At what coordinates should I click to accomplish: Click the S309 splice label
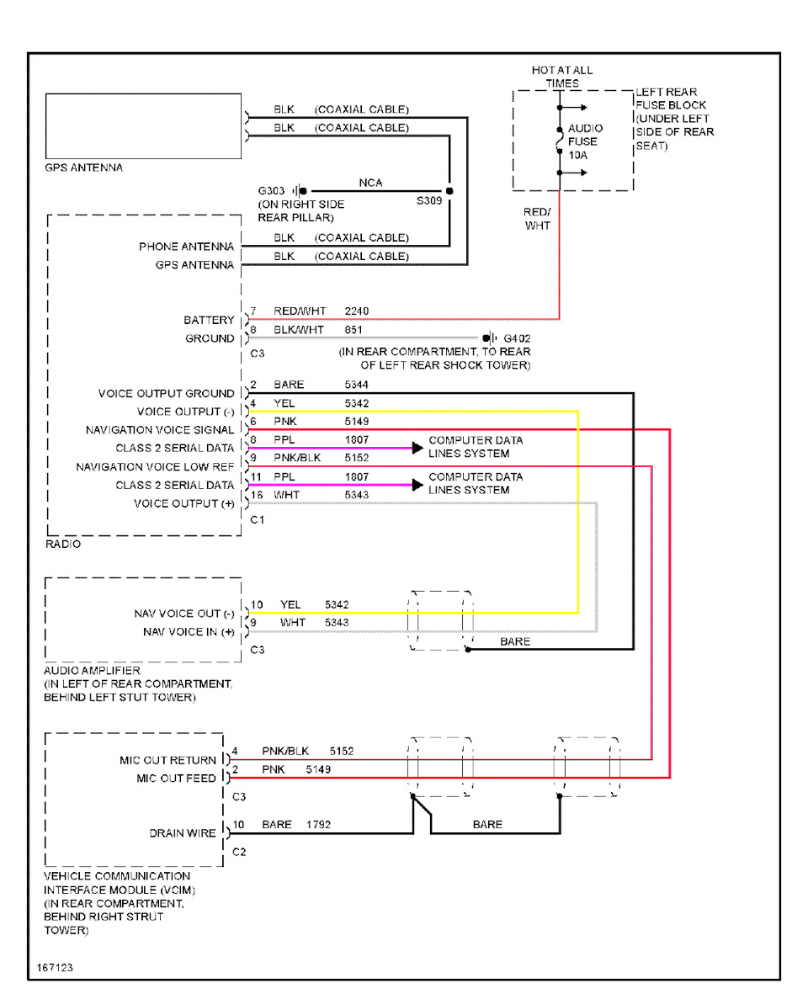pos(428,202)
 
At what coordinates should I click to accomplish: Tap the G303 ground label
pos(272,191)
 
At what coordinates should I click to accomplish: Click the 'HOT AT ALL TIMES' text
pos(561,77)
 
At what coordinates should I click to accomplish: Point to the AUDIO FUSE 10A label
pos(584,142)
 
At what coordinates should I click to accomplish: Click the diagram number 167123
pos(56,968)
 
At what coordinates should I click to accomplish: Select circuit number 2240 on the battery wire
pos(356,311)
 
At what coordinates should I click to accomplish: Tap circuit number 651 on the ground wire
pos(353,330)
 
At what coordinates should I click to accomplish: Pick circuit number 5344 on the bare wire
pos(356,385)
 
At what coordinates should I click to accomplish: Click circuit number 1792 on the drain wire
pos(318,825)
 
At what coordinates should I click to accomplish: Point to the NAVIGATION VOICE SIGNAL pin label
pos(160,430)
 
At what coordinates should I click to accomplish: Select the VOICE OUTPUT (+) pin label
pos(184,503)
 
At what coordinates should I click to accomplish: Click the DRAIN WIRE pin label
pos(183,833)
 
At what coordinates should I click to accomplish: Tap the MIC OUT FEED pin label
pos(176,779)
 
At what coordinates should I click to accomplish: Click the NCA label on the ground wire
pos(370,183)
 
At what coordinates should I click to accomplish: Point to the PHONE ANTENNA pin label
pos(186,247)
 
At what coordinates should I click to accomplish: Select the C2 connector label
pos(239,852)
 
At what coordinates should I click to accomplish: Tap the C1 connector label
pos(258,520)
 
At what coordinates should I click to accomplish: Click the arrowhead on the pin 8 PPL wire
pos(417,449)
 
